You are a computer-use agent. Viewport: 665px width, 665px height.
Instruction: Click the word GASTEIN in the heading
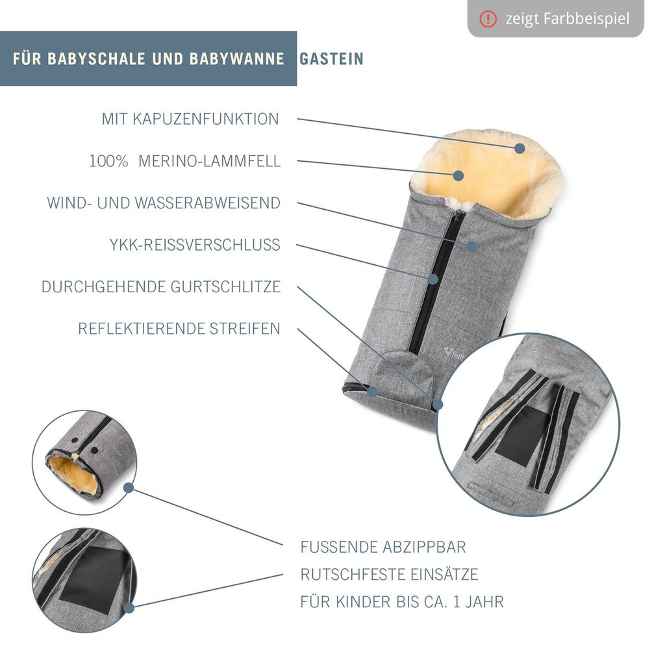[x=331, y=58]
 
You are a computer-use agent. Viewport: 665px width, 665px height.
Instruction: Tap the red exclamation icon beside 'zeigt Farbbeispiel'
[x=488, y=19]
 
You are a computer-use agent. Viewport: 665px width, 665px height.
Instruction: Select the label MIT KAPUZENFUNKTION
[x=190, y=119]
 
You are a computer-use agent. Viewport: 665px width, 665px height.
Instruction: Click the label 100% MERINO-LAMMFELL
[x=185, y=161]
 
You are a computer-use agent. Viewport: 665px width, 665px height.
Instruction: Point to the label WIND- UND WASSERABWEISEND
[x=164, y=203]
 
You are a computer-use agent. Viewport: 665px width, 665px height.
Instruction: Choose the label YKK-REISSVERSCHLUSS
[x=195, y=245]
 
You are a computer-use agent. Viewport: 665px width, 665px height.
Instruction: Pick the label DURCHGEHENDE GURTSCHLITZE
[x=161, y=286]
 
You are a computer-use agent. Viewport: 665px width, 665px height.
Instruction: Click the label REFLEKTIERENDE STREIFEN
[x=179, y=329]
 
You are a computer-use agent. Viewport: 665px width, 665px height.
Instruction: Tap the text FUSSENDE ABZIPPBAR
[x=383, y=547]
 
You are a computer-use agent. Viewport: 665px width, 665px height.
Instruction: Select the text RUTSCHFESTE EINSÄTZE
[x=390, y=574]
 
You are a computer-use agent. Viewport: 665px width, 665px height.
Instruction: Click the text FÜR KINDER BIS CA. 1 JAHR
[x=402, y=602]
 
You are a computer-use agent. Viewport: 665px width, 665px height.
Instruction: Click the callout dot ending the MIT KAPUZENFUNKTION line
[x=520, y=148]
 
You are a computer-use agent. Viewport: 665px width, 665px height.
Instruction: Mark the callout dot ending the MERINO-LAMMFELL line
[x=458, y=175]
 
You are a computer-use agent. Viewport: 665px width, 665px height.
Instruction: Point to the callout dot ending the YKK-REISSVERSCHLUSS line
[x=433, y=279]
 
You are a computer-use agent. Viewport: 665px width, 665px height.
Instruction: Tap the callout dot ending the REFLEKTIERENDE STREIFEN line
[x=372, y=391]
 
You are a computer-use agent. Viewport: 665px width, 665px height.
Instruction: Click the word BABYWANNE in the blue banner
[x=236, y=58]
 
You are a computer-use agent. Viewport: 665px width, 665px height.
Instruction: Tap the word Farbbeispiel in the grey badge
[x=586, y=19]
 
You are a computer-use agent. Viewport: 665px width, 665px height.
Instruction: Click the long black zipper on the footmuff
[x=437, y=282]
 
